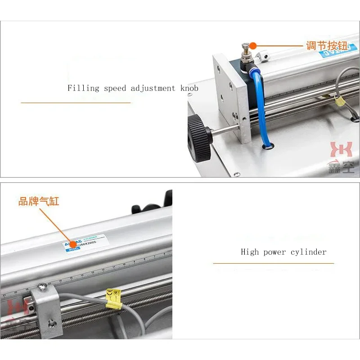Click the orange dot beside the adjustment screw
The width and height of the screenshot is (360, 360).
(x=253, y=45)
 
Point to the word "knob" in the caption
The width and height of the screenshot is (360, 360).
(x=189, y=88)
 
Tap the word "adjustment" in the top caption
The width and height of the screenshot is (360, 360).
(x=153, y=88)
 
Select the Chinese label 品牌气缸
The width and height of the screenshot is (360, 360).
(x=39, y=201)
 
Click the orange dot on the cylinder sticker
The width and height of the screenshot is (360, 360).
(x=72, y=244)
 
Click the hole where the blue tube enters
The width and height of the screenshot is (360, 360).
(x=267, y=146)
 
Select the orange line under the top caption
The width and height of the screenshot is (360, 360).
(x=76, y=103)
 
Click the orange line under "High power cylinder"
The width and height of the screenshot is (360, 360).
(x=274, y=263)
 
